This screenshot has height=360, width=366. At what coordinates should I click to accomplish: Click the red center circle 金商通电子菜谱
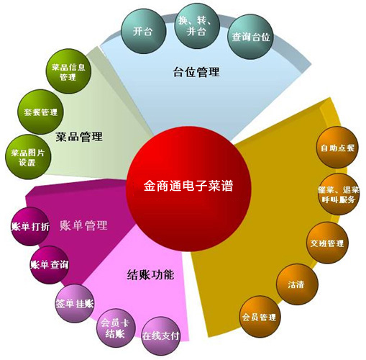188,189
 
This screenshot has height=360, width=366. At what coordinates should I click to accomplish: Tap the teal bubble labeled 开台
143,31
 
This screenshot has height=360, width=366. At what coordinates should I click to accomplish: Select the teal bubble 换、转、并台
197,26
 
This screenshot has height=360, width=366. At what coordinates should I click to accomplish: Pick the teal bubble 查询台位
251,37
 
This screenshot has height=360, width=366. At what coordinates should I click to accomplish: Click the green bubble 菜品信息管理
68,71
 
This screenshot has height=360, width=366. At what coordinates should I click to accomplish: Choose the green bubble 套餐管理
41,112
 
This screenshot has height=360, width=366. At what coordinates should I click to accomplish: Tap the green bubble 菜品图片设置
28,157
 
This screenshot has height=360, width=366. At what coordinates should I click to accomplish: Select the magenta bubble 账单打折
30,226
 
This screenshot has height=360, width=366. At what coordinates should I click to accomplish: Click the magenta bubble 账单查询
50,265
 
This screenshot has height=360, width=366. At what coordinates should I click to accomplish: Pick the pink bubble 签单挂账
75,304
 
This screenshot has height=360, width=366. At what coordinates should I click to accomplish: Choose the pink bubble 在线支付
161,336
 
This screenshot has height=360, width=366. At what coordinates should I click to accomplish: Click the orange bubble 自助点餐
337,148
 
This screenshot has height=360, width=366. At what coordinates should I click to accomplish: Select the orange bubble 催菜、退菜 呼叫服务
339,194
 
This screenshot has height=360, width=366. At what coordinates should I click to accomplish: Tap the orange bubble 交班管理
327,243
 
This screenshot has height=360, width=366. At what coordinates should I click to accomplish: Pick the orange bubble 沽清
297,284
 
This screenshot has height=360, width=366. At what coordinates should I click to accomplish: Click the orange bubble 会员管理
260,317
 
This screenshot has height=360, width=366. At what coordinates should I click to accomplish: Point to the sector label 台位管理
196,72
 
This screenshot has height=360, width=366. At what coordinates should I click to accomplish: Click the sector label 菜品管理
79,137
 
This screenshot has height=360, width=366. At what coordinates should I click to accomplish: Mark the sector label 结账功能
150,275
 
